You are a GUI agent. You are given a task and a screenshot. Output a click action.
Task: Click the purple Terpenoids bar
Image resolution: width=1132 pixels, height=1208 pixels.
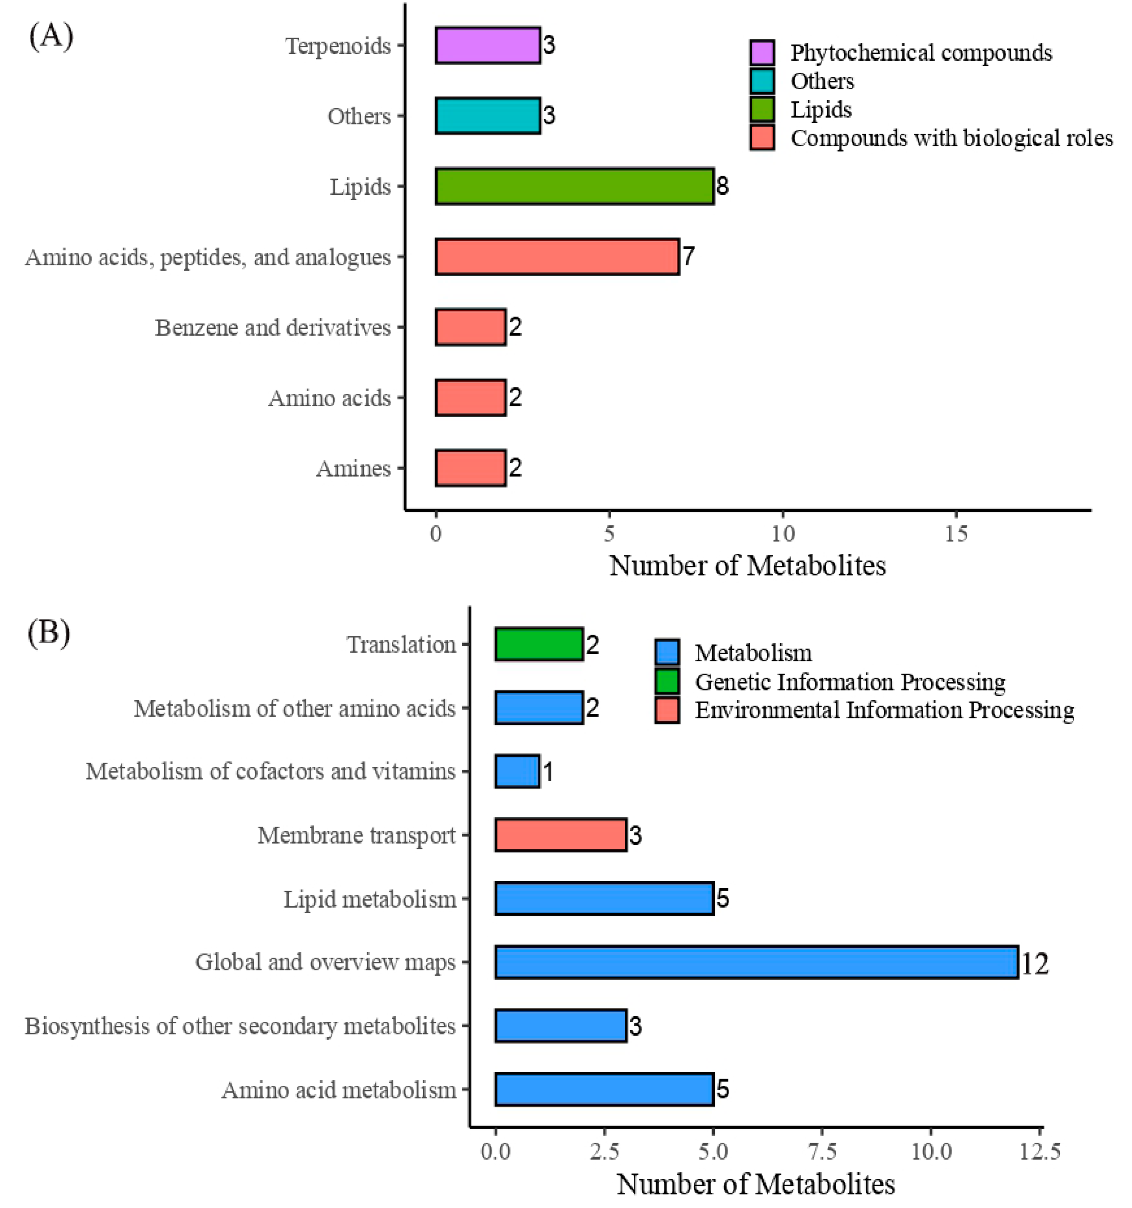click(x=488, y=45)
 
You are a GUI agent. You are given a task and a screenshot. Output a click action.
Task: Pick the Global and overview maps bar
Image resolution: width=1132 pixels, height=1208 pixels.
click(x=756, y=962)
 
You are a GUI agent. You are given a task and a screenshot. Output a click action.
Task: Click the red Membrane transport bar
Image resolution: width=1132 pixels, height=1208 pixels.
click(x=561, y=835)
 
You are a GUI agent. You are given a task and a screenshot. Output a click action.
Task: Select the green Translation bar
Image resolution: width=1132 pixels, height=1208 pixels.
click(x=539, y=644)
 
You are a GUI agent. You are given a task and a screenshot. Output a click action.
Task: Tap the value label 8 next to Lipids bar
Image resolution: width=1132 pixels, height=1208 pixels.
click(x=722, y=186)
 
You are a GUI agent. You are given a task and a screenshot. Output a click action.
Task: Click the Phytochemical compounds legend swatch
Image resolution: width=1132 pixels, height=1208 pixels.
click(x=762, y=53)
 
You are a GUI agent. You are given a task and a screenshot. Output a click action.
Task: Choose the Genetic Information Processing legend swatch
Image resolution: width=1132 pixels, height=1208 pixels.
click(x=667, y=681)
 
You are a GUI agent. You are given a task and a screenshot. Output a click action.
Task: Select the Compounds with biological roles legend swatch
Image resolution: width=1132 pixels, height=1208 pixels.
click(x=762, y=138)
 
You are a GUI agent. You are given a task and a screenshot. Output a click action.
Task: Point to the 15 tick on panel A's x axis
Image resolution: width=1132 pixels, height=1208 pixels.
click(x=956, y=534)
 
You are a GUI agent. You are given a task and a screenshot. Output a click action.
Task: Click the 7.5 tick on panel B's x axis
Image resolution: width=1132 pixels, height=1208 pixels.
click(x=822, y=1152)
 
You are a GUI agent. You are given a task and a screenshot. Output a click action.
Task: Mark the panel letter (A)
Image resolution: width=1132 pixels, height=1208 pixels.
click(x=51, y=36)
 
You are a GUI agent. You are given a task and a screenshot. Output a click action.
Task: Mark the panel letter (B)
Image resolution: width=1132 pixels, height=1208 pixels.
click(x=49, y=633)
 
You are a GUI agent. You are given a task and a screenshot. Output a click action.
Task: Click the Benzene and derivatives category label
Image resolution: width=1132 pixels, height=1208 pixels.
click(x=272, y=328)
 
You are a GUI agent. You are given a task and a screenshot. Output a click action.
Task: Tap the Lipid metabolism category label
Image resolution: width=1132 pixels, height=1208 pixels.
click(x=370, y=899)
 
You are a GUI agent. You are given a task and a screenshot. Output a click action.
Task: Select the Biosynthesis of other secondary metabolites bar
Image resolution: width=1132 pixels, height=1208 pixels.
click(x=561, y=1026)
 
